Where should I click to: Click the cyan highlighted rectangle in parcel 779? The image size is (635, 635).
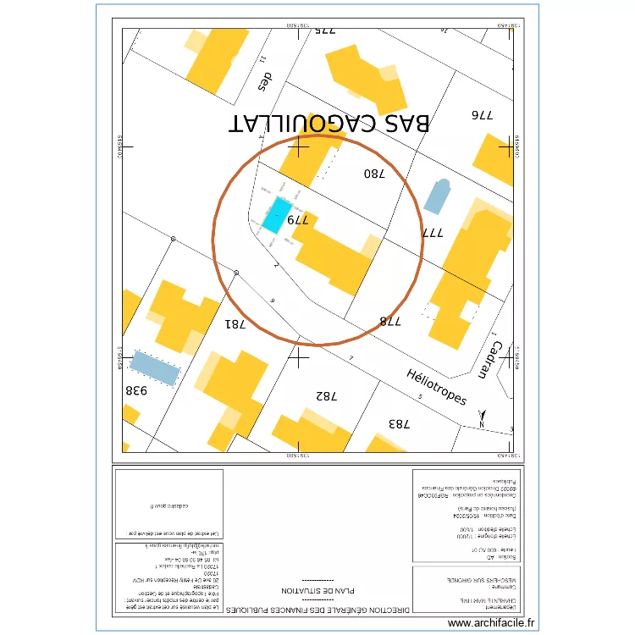coord(277,215)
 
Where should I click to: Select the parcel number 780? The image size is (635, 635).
coord(374,174)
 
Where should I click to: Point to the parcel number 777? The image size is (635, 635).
coord(433,232)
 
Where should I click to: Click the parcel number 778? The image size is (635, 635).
coord(389,321)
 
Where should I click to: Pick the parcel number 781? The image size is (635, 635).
coord(235,323)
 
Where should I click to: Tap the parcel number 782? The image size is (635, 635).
coord(326,395)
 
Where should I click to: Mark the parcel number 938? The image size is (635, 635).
coord(137,390)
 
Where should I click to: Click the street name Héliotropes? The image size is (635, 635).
coord(436,387)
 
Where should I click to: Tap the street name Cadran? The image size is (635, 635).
coord(498,360)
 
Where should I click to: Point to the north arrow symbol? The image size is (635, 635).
coord(483,417)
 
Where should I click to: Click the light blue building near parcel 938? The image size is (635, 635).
coord(154,368)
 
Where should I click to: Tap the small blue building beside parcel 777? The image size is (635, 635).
coord(437,196)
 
